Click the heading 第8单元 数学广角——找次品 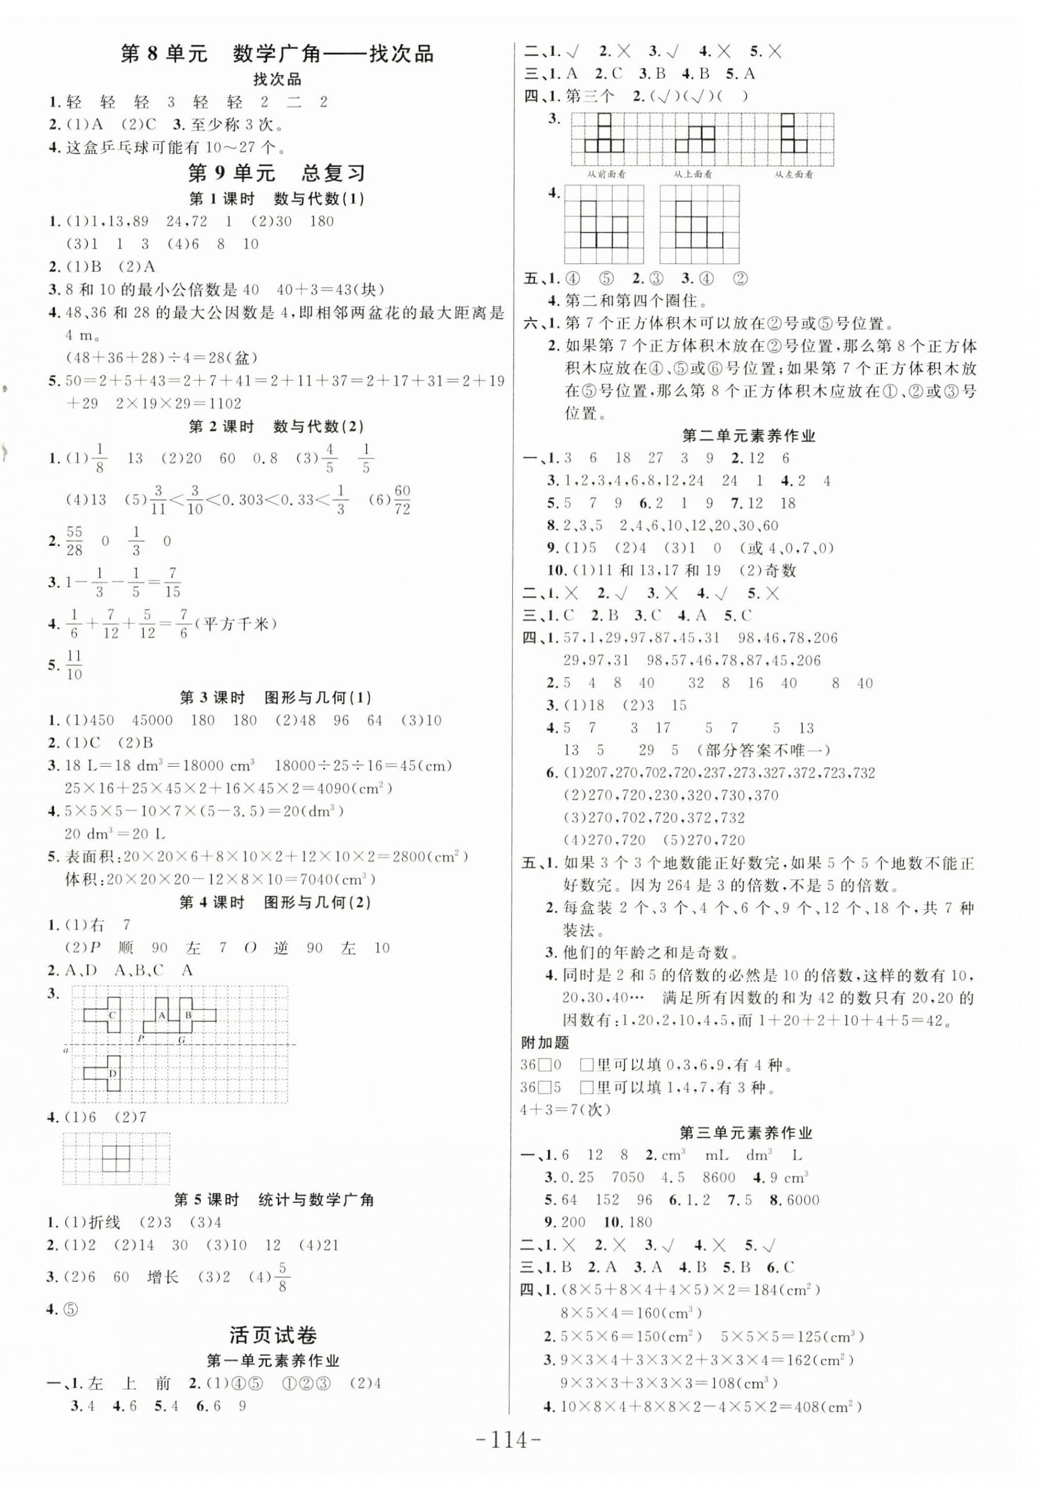277,53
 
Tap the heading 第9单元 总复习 277,173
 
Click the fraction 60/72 402,499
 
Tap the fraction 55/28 75,541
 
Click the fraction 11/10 75,665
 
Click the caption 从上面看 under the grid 693,174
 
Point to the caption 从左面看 794,174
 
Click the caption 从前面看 606,174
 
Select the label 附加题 545,1043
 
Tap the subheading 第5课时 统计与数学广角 274,1199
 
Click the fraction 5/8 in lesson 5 281,1277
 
